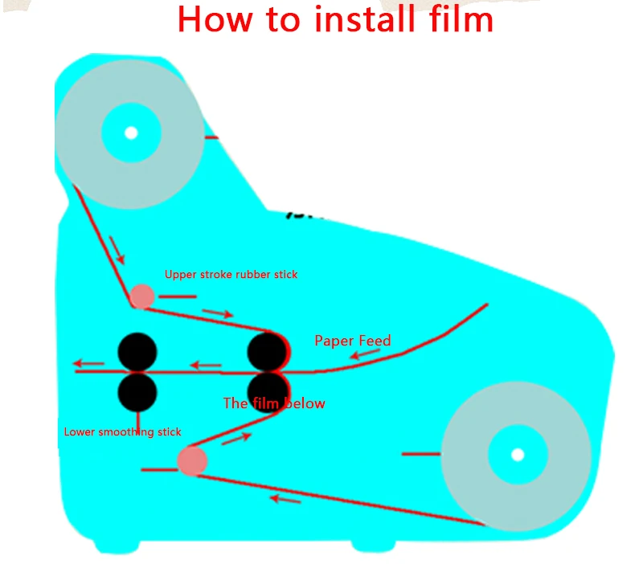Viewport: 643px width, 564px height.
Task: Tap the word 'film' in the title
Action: point(458,18)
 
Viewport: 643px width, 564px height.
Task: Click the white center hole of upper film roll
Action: point(131,133)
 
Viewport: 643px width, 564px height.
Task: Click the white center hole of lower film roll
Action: point(518,455)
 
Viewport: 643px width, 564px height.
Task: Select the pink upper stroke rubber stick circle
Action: point(142,296)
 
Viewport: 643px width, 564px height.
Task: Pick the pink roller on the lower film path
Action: point(192,461)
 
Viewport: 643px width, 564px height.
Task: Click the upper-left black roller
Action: point(137,351)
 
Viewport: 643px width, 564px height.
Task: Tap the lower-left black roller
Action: point(137,391)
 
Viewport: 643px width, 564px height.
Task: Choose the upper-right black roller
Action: point(268,351)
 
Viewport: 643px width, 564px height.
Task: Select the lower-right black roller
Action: point(268,390)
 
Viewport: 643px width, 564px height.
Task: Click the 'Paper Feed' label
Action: point(353,341)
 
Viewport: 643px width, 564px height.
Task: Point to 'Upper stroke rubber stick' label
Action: point(231,275)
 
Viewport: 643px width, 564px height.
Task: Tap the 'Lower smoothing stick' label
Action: point(122,432)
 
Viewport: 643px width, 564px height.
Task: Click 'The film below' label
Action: point(274,403)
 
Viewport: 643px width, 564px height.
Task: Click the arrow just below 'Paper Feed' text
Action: point(364,354)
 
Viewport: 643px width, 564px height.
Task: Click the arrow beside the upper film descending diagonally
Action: point(117,250)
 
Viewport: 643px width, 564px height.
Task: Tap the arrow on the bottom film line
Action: point(285,499)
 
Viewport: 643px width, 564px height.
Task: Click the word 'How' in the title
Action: point(215,18)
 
